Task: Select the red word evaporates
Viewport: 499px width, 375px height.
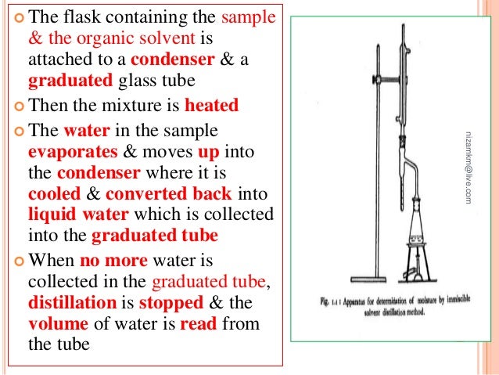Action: pos(67,149)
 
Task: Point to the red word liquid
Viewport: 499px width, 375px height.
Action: pos(52,214)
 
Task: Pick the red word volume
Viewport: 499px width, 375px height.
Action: pos(56,323)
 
